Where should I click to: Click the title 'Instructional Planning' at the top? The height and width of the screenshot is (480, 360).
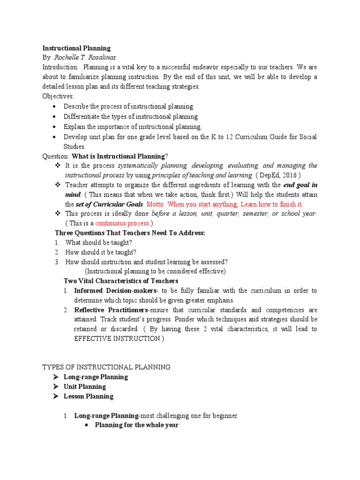point(76,48)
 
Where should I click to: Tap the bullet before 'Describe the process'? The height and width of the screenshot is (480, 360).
point(55,106)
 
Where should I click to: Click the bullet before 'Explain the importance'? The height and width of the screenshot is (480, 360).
point(55,127)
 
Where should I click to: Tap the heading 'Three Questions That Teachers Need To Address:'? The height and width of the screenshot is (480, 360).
point(130,232)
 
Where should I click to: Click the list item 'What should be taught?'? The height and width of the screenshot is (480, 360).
point(98,242)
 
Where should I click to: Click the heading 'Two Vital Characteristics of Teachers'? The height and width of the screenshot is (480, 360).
point(120,281)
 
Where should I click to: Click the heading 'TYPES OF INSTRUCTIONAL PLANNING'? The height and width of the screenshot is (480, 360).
point(106,367)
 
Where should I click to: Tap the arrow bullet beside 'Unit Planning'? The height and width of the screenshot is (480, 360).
point(55,387)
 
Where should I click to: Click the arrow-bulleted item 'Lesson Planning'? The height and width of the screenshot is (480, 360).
point(89,396)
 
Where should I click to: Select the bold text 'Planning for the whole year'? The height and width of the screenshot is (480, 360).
point(136,425)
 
